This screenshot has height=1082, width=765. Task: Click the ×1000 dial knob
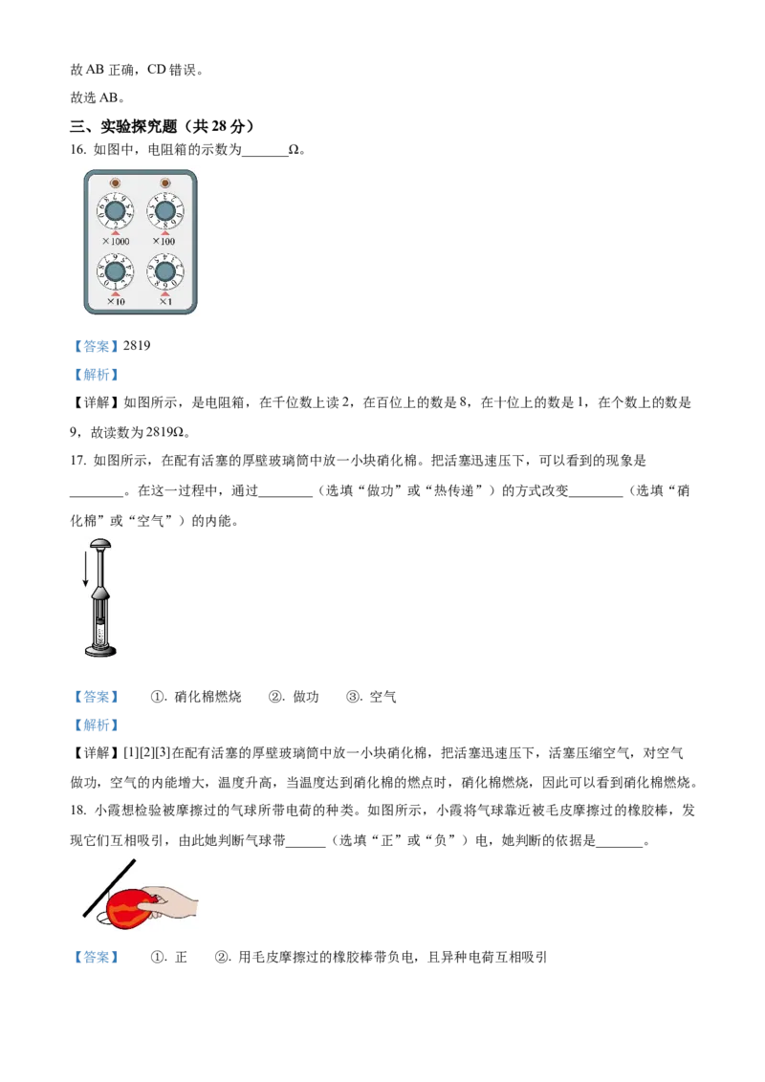coord(115,211)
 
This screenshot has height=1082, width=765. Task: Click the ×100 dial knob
coord(164,211)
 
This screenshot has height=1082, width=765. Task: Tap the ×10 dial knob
coord(115,272)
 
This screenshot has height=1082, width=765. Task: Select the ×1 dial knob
coord(164,272)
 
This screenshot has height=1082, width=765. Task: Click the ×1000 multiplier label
coord(116,242)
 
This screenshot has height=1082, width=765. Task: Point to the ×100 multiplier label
coord(164,242)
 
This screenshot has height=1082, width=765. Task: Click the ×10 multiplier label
coord(116,302)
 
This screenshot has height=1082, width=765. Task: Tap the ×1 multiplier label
coord(165,302)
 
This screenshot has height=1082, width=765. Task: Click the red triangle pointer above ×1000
coord(116,232)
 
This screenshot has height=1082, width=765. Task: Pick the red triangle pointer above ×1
coord(164,293)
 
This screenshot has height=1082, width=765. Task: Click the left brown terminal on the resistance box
coord(115,183)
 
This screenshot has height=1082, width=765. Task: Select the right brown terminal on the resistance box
coord(164,183)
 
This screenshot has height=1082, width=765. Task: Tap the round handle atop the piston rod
coord(99,544)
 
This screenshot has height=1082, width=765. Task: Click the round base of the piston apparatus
coord(99,652)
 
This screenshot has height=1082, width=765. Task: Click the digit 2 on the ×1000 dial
coord(116,226)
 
